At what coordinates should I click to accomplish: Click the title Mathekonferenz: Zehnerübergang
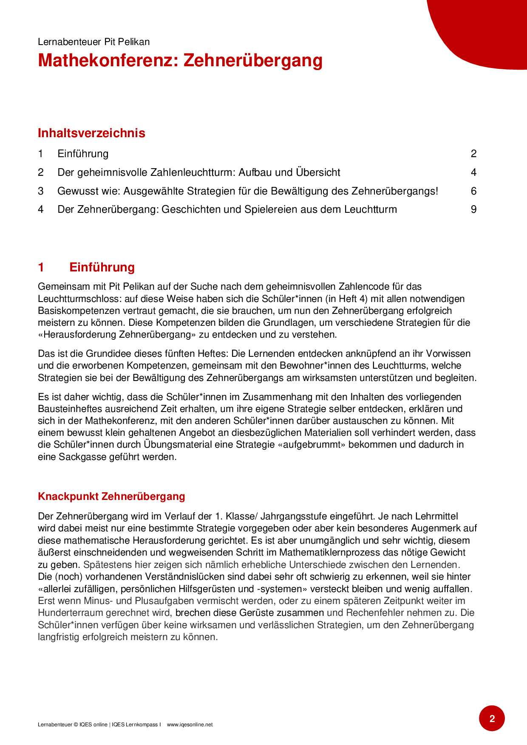[x=180, y=60]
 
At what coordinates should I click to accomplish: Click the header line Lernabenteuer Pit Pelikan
[x=93, y=42]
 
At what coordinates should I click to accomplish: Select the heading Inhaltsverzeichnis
[x=91, y=133]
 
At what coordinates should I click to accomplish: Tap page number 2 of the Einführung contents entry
[x=473, y=154]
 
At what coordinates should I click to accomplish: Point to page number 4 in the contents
[x=473, y=172]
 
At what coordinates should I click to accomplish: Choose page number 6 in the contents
[x=473, y=191]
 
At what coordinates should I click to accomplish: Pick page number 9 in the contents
[x=473, y=209]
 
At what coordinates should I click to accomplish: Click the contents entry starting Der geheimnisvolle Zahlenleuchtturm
[x=198, y=172]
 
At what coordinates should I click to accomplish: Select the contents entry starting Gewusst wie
[x=247, y=191]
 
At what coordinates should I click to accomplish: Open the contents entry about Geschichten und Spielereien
[x=227, y=209]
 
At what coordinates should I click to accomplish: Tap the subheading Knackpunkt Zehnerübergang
[x=111, y=497]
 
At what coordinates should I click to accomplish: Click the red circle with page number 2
[x=492, y=718]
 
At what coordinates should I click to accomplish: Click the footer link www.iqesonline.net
[x=190, y=725]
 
